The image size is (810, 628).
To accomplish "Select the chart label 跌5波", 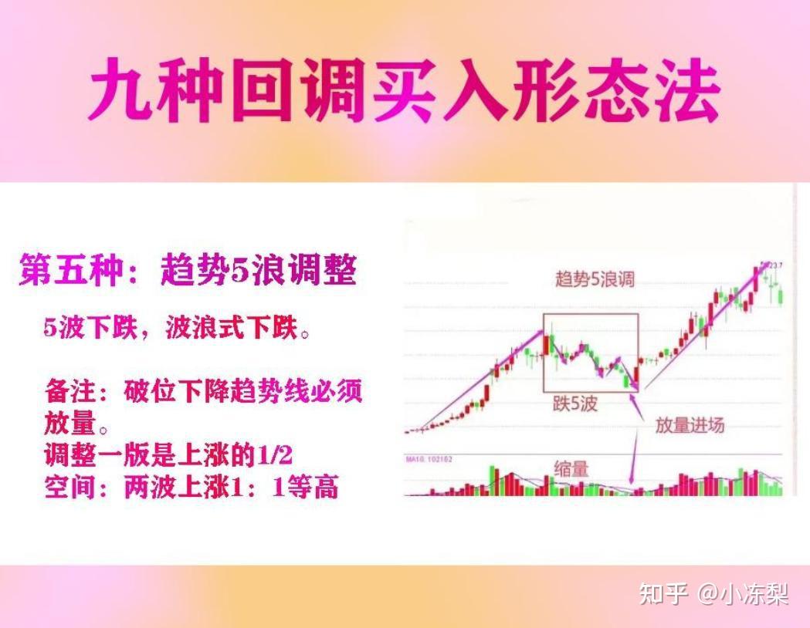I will point(574,403).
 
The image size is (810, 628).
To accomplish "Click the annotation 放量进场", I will point(690,424).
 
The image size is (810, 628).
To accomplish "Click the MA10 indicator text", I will point(429,460).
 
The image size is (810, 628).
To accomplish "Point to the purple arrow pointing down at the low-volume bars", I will point(635,455).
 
